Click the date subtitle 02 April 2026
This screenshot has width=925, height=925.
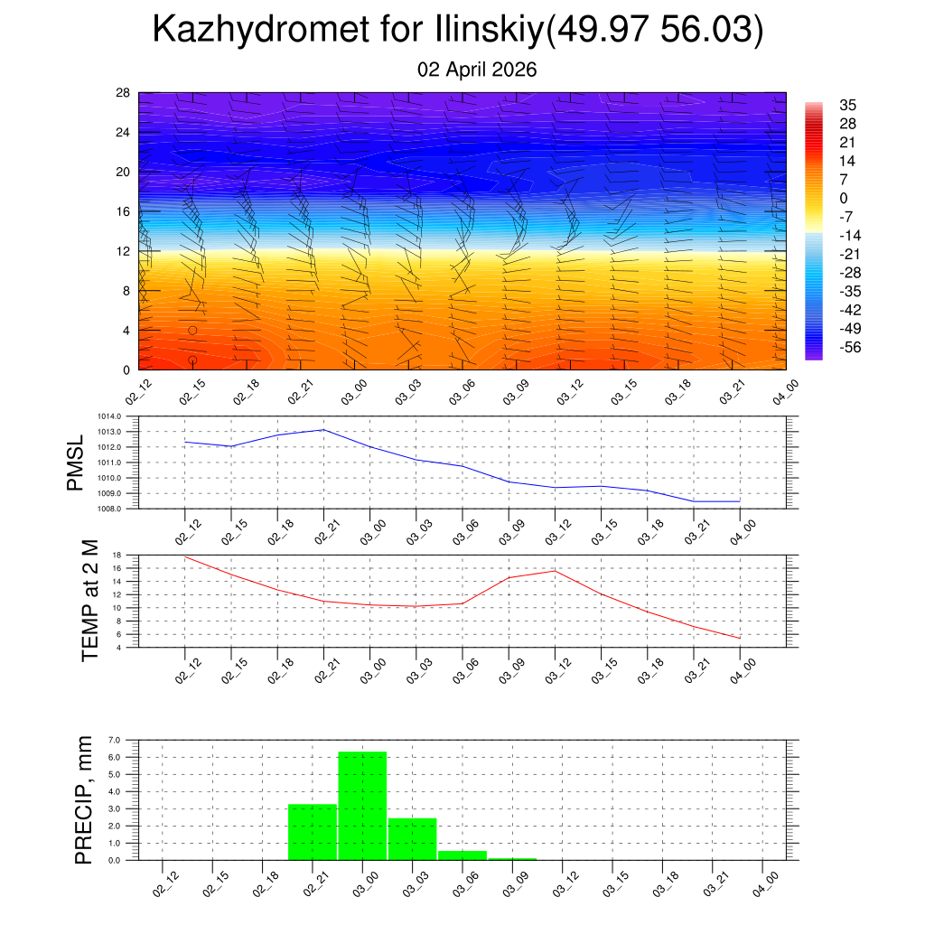(x=477, y=70)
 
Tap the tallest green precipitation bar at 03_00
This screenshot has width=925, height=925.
(x=362, y=805)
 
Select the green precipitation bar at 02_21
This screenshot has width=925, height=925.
(x=313, y=832)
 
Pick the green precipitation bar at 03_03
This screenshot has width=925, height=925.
(x=413, y=839)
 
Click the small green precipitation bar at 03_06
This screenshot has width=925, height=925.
(x=462, y=855)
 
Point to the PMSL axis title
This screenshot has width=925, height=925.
(x=75, y=462)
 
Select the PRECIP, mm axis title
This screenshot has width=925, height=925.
(x=84, y=799)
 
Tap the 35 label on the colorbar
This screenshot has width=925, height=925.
(x=847, y=105)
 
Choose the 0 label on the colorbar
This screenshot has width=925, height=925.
(x=844, y=199)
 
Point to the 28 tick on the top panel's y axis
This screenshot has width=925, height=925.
(x=124, y=93)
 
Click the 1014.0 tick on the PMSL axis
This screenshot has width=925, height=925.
(x=122, y=416)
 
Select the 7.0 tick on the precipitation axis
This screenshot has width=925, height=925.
(x=115, y=740)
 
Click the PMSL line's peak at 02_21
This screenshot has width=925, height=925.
(x=323, y=430)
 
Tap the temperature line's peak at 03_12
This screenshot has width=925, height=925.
(x=555, y=570)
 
